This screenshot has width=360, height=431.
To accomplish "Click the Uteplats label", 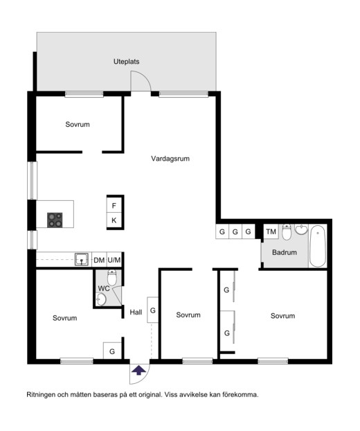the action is click(126, 62).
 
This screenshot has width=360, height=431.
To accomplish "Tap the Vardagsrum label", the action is click(170, 159).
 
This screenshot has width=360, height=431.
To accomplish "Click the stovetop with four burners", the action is click(55, 220).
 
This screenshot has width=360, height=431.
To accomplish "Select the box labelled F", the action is click(114, 205).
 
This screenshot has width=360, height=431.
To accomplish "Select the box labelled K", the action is click(114, 220).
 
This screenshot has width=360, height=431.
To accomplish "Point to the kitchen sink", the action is click(82, 259).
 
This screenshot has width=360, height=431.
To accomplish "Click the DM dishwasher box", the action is click(99, 260).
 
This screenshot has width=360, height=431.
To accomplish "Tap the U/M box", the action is click(114, 260).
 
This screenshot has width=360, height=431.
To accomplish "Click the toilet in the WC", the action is click(111, 277).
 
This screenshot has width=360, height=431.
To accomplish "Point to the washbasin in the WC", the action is click(101, 299).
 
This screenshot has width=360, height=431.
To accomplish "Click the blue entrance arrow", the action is click(139, 370).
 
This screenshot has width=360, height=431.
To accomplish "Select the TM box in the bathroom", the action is click(271, 231).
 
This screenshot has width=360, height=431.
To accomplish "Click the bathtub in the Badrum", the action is click(318, 246).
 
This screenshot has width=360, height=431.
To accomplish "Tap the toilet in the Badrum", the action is click(287, 232).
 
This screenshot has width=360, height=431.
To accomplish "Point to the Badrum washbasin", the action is click(301, 229).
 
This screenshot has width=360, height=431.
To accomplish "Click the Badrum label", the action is click(285, 252).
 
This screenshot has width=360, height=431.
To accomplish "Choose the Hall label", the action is click(136, 313).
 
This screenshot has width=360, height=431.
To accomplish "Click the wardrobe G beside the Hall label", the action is click(153, 310).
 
